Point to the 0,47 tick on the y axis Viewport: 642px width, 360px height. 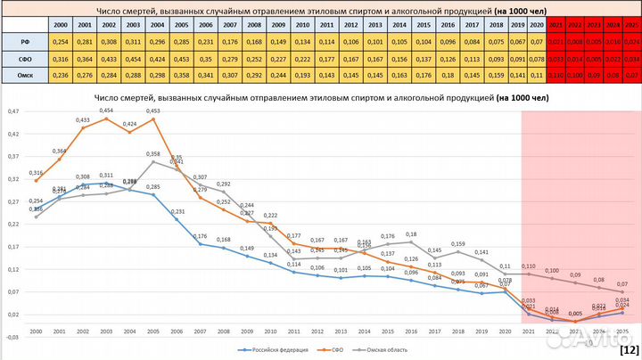[x=12, y=111]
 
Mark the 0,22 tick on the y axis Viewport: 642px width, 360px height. [x=12, y=225]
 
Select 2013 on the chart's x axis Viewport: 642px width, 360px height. [x=340, y=331]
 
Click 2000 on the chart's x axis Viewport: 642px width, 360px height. [x=36, y=331]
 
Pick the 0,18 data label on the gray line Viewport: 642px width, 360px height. [x=411, y=234]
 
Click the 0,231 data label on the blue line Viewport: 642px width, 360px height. [x=177, y=212]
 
